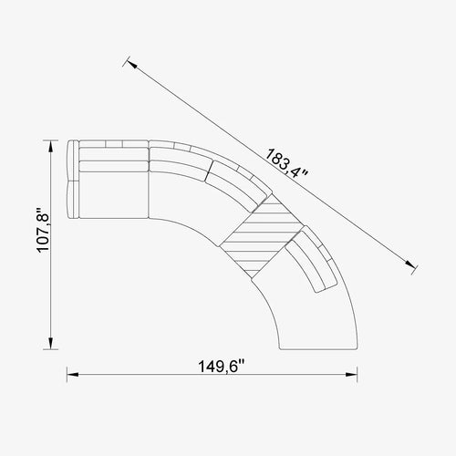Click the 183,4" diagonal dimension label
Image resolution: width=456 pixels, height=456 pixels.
286,162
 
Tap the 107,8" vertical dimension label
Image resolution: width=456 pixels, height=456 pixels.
43,230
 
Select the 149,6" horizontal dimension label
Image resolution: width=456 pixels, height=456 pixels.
222,367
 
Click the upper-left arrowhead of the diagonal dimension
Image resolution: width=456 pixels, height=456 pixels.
132,65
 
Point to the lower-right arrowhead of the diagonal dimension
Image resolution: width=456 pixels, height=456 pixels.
409,264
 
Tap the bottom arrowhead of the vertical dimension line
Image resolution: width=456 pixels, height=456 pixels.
51,344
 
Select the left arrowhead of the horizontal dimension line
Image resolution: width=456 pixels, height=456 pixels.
73,375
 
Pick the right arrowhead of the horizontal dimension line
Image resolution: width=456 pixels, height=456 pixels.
351,375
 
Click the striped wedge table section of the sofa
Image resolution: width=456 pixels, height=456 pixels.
262,235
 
